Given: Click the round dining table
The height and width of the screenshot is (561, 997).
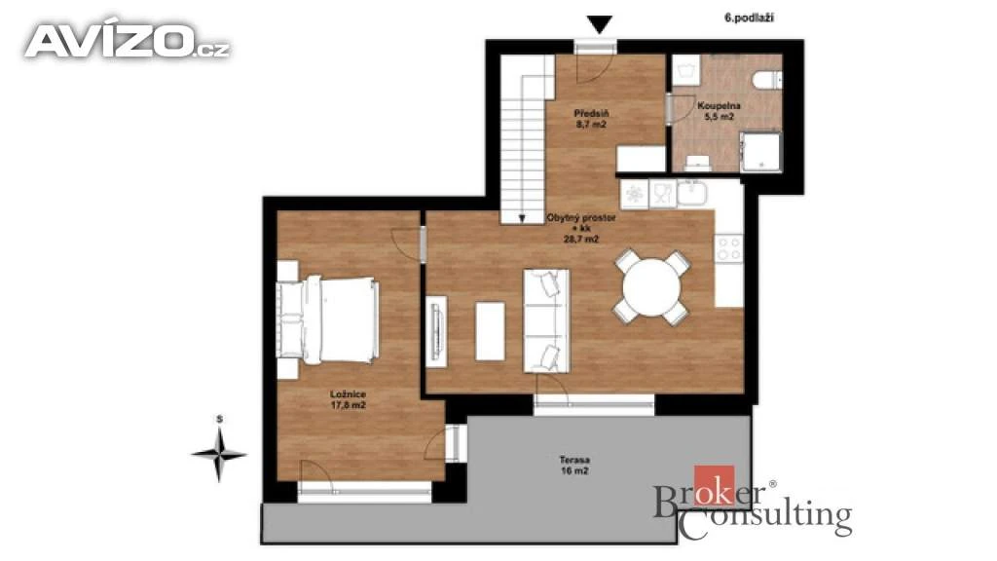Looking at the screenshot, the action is [x=651, y=287].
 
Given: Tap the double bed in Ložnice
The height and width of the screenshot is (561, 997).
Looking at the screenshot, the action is [x=329, y=319].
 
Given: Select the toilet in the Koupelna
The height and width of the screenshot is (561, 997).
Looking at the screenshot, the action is [x=767, y=80].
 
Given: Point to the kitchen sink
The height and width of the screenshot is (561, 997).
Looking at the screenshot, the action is [x=691, y=193].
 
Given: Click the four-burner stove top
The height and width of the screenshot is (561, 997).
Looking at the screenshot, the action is [x=728, y=248].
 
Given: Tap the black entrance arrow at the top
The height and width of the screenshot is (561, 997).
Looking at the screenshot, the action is [x=599, y=24].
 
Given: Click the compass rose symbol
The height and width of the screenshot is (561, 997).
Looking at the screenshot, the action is [x=219, y=454].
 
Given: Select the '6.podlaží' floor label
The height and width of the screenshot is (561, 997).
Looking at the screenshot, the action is [x=749, y=18].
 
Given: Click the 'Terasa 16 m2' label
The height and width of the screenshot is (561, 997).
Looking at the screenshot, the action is [x=574, y=465].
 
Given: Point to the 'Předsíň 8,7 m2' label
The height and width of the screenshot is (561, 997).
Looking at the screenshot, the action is [x=591, y=119].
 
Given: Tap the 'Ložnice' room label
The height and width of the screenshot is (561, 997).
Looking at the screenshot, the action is [x=348, y=394].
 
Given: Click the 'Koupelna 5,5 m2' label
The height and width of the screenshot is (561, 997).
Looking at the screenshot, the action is [x=719, y=111].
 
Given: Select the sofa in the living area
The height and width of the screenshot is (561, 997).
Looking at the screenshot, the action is [x=546, y=320].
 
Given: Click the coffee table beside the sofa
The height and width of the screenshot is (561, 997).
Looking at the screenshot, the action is [x=491, y=331].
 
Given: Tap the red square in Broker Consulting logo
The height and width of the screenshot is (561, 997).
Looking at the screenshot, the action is [x=714, y=486].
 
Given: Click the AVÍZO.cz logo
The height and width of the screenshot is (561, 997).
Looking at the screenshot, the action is [x=128, y=42].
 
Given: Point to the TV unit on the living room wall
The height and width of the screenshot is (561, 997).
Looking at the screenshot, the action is [x=436, y=331].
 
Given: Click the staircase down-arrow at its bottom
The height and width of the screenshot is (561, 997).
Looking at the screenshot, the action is [x=522, y=218].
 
